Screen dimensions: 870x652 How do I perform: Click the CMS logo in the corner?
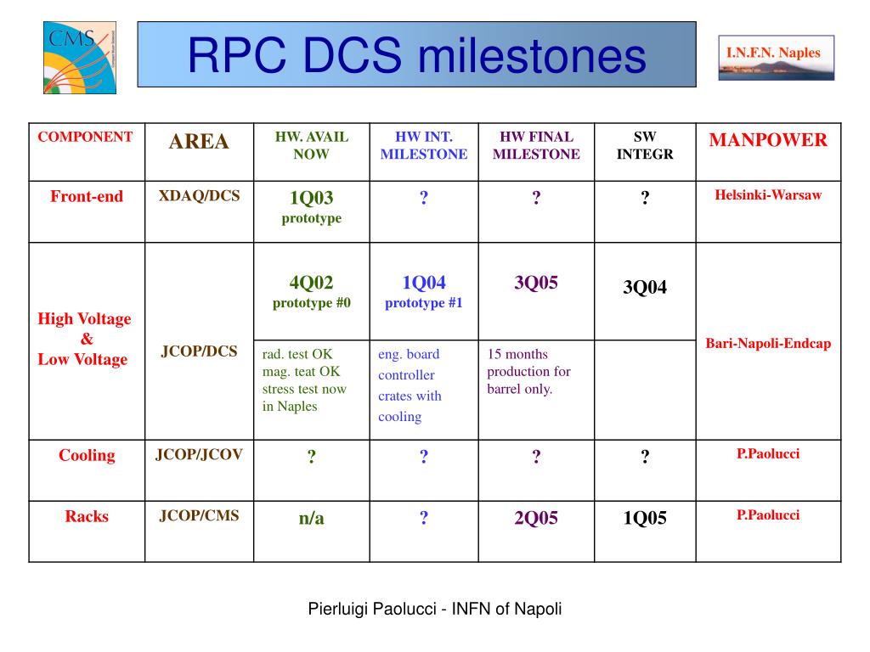(x=80, y=58)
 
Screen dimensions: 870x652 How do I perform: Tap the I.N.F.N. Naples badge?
(x=777, y=58)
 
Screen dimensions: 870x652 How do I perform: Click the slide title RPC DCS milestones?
(x=416, y=55)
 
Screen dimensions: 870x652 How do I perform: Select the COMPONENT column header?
(x=86, y=137)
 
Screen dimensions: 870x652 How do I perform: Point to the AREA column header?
(x=199, y=142)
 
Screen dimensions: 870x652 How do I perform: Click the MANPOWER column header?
(x=768, y=140)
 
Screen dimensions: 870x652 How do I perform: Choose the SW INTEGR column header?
(x=645, y=145)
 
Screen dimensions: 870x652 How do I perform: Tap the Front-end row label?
(x=87, y=196)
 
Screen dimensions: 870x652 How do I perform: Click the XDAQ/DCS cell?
(x=199, y=196)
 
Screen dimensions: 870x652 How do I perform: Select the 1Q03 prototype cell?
(x=311, y=207)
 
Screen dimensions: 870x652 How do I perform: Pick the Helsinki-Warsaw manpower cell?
(x=768, y=194)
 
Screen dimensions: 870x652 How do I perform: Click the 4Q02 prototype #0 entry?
(x=311, y=292)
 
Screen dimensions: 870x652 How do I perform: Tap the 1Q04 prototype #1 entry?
(x=424, y=292)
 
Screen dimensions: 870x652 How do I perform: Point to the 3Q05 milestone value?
(x=536, y=282)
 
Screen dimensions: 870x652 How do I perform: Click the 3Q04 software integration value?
(x=645, y=287)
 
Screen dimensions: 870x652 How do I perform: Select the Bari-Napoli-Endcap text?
(x=768, y=344)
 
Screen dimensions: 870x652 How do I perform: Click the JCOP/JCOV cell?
(x=199, y=455)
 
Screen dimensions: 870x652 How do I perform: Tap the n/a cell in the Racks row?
(x=311, y=518)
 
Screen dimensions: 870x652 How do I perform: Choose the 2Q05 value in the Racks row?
(x=536, y=518)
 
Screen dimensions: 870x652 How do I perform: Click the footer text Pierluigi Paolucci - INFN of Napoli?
(x=435, y=609)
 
